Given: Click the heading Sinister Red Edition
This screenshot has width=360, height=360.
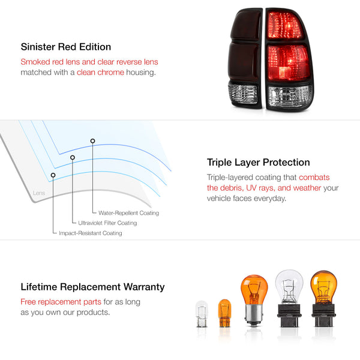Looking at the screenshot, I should [66, 47].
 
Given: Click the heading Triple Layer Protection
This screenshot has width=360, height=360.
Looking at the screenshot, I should [259, 162].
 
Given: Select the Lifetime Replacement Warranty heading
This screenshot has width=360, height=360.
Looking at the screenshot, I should [92, 287].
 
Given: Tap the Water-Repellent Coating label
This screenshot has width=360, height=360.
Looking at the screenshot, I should [128, 213].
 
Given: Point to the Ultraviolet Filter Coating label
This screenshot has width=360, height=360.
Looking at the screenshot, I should [108, 223].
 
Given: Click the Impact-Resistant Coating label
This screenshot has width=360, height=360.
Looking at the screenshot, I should [91, 233].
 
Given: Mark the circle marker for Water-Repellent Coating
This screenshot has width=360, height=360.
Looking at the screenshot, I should [92, 141].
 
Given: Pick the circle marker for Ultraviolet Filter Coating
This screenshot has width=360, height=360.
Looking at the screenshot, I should [73, 158].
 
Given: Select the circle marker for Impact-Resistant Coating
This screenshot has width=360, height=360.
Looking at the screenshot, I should [53, 175].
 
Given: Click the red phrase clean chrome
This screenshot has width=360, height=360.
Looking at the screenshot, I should [100, 72].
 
